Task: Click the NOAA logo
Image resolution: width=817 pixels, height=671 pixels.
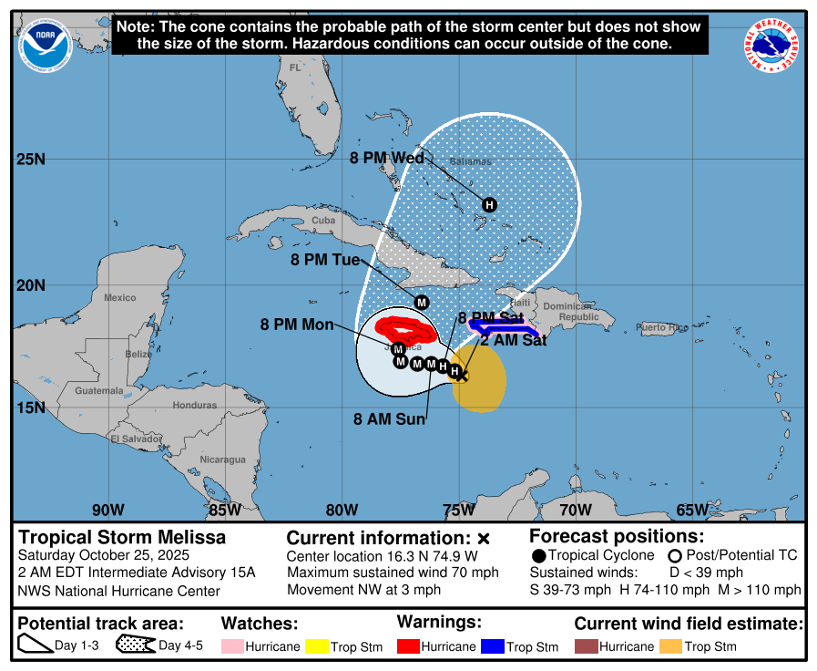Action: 47,46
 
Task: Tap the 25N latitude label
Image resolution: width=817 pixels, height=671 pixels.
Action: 31,160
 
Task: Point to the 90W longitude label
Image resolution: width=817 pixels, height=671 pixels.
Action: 107,510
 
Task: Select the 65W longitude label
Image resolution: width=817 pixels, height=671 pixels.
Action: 691,510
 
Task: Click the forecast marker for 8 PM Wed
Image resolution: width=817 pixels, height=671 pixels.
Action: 489,204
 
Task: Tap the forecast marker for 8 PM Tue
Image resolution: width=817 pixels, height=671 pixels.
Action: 421,302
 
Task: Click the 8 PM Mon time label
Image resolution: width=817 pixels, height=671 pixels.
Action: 297,324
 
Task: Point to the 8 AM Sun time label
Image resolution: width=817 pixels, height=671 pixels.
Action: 390,419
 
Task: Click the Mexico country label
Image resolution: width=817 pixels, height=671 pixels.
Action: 119,298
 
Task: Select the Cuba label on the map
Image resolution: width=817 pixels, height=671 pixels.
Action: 323,221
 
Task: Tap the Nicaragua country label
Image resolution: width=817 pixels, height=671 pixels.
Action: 222,459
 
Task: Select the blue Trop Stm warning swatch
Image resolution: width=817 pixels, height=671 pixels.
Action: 492,646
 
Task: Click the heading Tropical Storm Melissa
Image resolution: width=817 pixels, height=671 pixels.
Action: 122,538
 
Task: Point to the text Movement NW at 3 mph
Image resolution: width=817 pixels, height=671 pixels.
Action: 363,590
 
